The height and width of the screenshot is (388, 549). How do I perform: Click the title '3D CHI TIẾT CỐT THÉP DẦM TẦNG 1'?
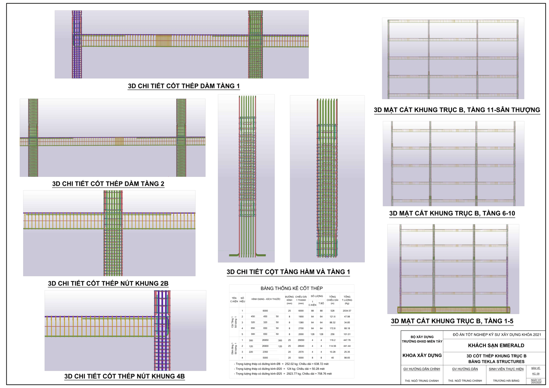click(184, 86)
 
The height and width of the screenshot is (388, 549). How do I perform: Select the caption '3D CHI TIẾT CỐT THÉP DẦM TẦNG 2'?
click(108, 184)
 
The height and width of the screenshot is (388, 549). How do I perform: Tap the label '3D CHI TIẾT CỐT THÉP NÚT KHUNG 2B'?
click(108, 284)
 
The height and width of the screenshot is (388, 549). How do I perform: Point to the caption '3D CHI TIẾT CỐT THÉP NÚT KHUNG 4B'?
click(124, 376)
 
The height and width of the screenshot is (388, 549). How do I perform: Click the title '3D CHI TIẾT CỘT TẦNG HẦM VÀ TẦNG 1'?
click(288, 272)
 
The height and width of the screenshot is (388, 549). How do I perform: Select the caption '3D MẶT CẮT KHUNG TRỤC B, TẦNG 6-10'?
click(452, 213)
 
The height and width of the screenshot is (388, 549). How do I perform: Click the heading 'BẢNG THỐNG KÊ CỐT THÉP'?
click(291, 288)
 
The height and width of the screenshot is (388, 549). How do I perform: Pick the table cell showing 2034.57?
click(347, 311)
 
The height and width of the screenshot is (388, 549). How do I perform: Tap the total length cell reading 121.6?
click(332, 317)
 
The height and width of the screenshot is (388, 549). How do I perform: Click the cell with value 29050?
click(301, 340)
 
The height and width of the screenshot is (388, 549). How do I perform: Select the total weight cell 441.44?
click(347, 346)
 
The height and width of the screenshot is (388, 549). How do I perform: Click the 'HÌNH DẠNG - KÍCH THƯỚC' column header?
click(266, 299)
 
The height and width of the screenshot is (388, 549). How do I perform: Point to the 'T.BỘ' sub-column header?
click(321, 303)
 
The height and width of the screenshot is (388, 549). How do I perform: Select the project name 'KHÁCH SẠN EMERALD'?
click(496, 346)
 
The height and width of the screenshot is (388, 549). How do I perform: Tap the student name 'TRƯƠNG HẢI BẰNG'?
click(506, 381)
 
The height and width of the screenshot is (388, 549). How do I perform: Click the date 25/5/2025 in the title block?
click(536, 383)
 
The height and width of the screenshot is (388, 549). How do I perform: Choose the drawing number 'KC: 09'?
click(536, 374)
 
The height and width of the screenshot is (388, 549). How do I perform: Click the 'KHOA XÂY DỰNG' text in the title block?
click(422, 356)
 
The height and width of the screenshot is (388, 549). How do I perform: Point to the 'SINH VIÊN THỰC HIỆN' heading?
click(506, 369)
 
